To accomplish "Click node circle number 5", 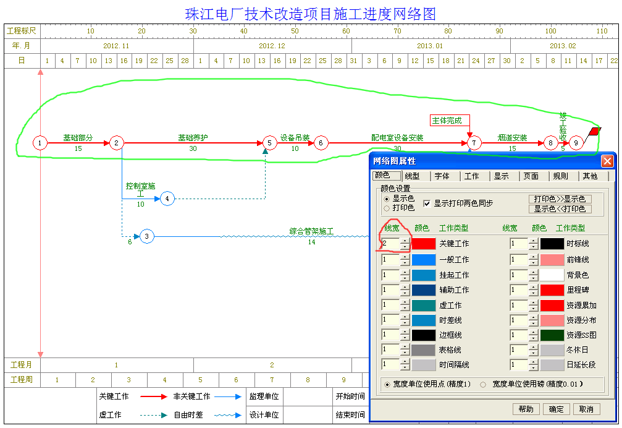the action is (269, 143).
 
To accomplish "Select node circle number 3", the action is (147, 236).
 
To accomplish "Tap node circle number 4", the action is (167, 199).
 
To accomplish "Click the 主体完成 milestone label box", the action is (450, 121).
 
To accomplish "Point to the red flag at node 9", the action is (595, 131).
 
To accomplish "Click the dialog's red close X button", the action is (607, 161).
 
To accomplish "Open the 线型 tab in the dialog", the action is (412, 176).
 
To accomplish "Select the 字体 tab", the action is (442, 176).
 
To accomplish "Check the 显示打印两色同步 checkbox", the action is (427, 203).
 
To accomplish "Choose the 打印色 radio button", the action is (387, 208).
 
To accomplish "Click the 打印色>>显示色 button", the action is (560, 199).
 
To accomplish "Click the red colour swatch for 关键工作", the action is (424, 244).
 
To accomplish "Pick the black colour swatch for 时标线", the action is (552, 244).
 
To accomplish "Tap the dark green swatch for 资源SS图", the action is (552, 335).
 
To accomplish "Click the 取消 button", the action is (586, 409).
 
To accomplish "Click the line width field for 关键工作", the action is (391, 244).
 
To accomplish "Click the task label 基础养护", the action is (193, 138).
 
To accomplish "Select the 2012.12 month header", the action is (272, 46).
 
